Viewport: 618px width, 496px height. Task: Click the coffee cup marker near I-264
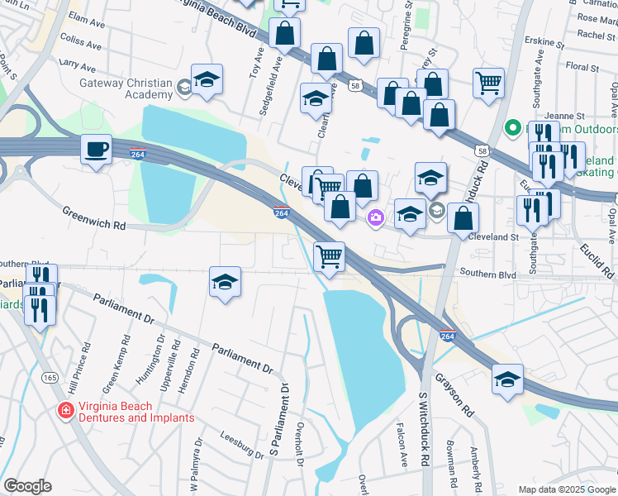(97, 150)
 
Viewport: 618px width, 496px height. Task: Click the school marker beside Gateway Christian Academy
(207, 80)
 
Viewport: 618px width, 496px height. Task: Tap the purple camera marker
(375, 217)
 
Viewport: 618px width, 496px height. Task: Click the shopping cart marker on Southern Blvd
(330, 257)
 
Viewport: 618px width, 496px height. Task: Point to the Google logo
(27, 486)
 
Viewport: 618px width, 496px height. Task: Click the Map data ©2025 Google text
(567, 489)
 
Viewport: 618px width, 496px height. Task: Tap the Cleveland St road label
(493, 236)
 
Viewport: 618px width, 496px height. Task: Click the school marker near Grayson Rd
(507, 379)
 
